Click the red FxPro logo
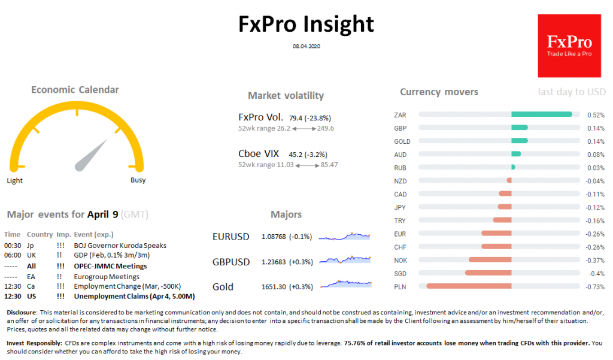point(569,46)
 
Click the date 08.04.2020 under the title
point(306,46)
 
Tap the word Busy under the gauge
point(138,180)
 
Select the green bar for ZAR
point(541,114)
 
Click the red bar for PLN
point(469,286)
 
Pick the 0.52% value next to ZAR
point(596,114)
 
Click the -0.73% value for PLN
point(595,286)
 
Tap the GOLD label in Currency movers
point(402,141)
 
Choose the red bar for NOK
point(490,260)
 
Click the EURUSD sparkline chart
point(345,237)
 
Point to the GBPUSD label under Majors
point(231,262)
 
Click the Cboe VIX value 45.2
point(296,154)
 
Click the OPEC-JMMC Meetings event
point(110,266)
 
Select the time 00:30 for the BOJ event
point(12,245)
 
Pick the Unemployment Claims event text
point(134,296)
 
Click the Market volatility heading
point(286,96)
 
